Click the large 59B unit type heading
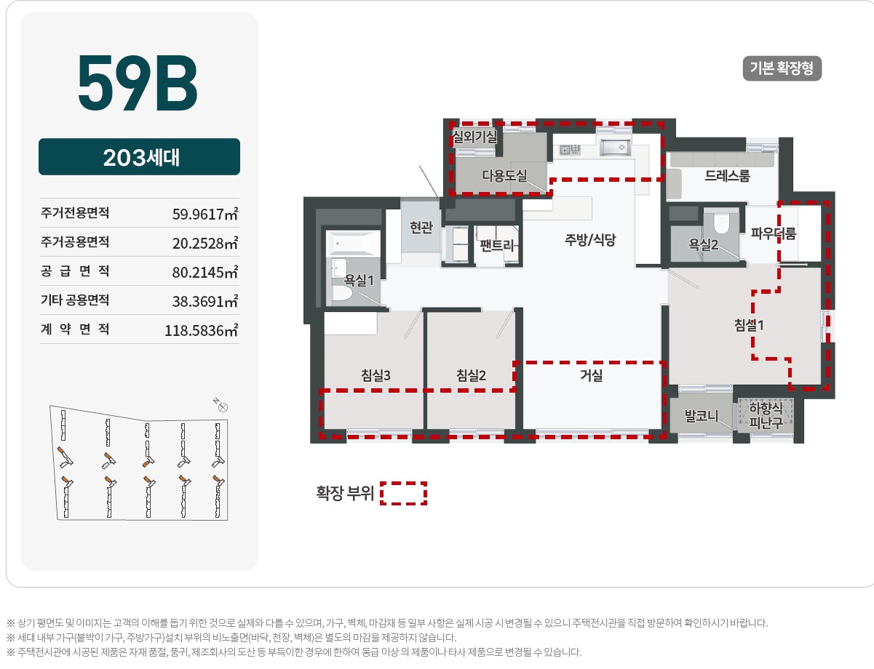[x=138, y=83]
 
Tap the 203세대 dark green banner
[x=139, y=156]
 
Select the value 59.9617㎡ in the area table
[x=205, y=213]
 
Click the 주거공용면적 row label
[x=75, y=242]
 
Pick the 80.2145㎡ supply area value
[x=205, y=272]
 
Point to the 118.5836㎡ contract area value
[x=201, y=330]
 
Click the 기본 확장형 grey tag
[x=782, y=68]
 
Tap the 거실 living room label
[x=591, y=375]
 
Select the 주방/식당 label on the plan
[x=590, y=240]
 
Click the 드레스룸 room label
[x=727, y=175]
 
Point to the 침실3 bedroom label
[x=376, y=375]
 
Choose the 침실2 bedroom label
[x=471, y=375]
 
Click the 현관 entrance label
[x=421, y=228]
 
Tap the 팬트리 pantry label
[x=497, y=245]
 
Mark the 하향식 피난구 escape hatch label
[x=766, y=415]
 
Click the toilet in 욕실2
[x=721, y=223]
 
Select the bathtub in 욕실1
[x=353, y=243]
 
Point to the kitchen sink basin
[x=616, y=148]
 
